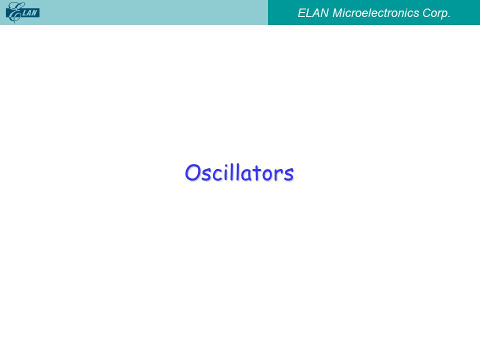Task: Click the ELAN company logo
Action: point(22,12)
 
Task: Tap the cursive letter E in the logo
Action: point(14,12)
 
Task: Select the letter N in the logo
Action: point(34,13)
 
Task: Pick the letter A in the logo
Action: point(29,13)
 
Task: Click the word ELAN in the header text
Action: point(313,13)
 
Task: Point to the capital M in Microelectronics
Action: point(338,13)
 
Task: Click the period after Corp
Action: point(449,17)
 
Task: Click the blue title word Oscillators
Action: point(239,172)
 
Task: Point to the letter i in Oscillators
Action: point(226,173)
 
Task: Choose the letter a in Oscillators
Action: point(245,175)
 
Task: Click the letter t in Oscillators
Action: point(256,173)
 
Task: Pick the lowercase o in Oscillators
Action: point(267,175)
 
